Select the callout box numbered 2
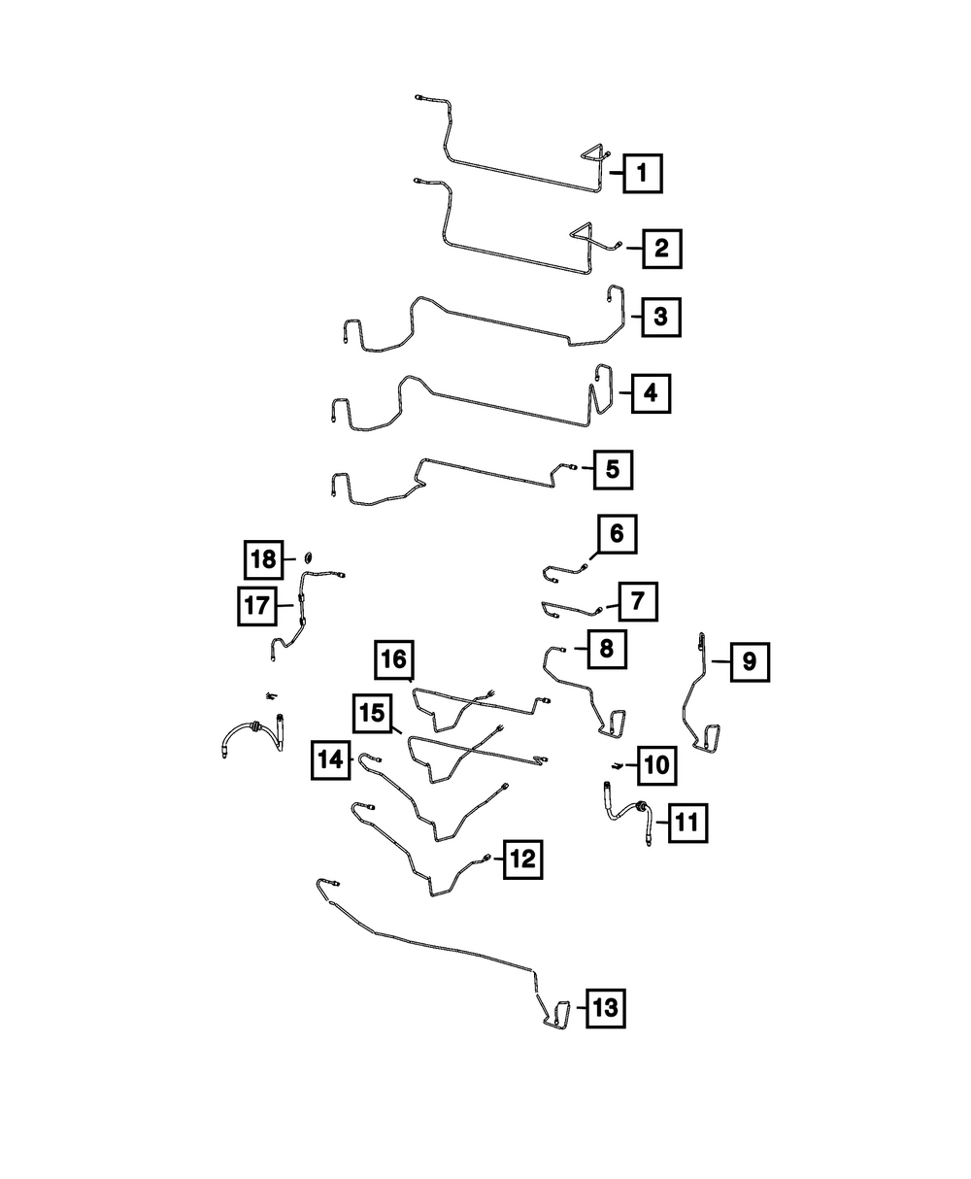[x=661, y=249]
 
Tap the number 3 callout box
[x=660, y=317]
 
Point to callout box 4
[x=651, y=393]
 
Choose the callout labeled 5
[x=612, y=469]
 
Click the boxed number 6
[x=618, y=534]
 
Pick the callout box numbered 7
[x=636, y=601]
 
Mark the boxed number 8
[x=606, y=648]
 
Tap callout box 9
[x=749, y=662]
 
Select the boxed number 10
[x=656, y=764]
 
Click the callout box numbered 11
[x=686, y=824]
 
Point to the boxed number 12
[x=521, y=859]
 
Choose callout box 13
[x=604, y=1008]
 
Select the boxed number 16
[x=393, y=659]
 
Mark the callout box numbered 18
[x=262, y=559]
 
